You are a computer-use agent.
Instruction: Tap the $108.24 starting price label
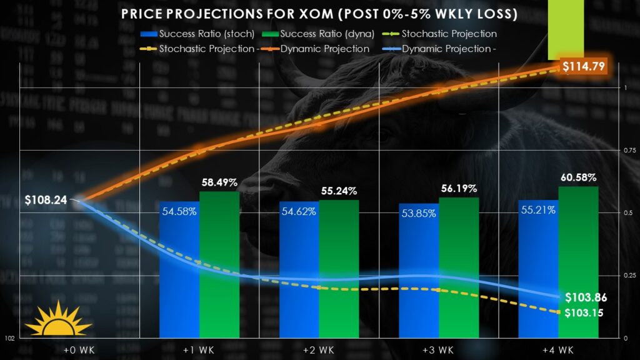pyautogui.click(x=46, y=201)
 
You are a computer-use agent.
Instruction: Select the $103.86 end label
pyautogui.click(x=586, y=297)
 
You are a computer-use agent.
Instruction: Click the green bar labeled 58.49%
pyautogui.click(x=219, y=269)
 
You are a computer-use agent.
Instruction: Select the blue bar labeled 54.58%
pyautogui.click(x=179, y=275)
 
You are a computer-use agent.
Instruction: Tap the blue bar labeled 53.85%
pyautogui.click(x=419, y=275)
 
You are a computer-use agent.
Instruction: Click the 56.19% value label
pyautogui.click(x=458, y=188)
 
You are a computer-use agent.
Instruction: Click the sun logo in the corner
pyautogui.click(x=58, y=319)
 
